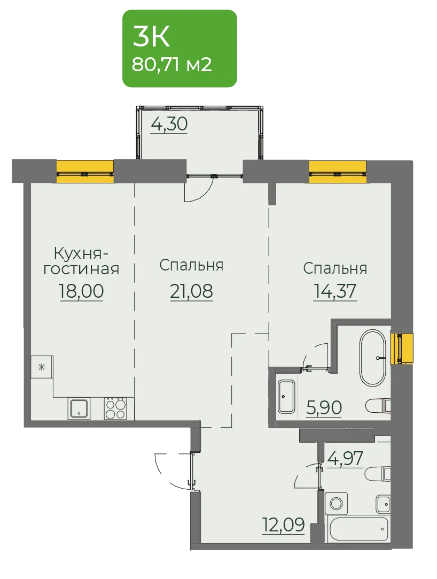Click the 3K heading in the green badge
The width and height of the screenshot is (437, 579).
point(151,37)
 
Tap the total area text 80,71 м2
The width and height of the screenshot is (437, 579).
point(171,65)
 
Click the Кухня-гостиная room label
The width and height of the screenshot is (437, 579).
point(81,261)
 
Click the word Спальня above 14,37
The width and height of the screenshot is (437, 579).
point(335,268)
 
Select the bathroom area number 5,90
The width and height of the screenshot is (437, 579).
point(324,408)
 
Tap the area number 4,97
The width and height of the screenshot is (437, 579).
point(346,458)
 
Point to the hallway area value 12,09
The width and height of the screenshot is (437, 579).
point(284,524)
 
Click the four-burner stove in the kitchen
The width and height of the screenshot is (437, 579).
point(115,408)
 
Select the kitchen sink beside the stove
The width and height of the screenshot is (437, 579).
point(79,408)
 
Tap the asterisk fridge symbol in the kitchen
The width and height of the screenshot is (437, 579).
point(42,367)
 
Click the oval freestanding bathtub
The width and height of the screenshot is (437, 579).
point(373,358)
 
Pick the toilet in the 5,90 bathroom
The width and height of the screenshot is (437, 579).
point(378,406)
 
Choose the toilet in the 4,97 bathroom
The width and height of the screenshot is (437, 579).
point(378,473)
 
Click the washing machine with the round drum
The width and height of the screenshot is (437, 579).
point(336,503)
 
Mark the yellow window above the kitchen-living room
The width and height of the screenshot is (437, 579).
point(85,172)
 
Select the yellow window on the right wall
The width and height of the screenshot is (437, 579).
point(402,349)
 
